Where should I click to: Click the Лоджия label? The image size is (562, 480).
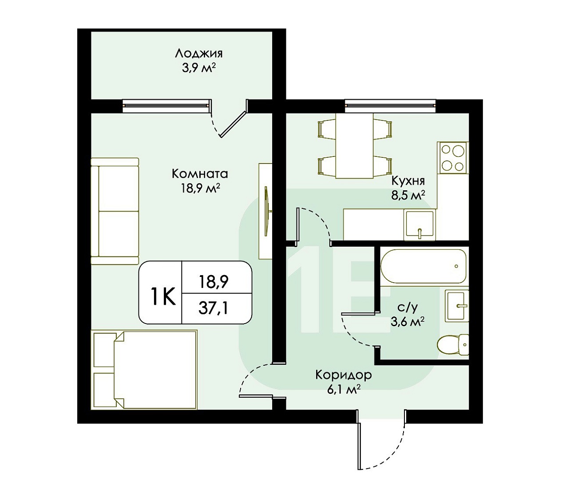tap(198, 53)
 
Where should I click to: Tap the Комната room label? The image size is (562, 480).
tap(200, 173)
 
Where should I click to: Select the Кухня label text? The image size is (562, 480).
tap(408, 181)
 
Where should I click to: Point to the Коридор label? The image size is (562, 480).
tap(344, 375)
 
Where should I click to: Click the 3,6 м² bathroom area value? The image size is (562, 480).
tap(408, 323)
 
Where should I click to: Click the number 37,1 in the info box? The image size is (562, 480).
tap(214, 308)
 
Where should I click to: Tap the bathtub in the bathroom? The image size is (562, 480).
tap(423, 266)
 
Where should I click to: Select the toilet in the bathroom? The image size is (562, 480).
tap(454, 345)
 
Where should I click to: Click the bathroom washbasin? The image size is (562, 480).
tap(457, 305)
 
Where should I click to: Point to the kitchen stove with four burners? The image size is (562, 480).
tap(453, 158)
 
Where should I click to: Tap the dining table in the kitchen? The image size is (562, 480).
tap(354, 146)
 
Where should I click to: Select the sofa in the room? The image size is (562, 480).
tap(115, 211)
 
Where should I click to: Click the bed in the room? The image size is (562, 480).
tap(144, 370)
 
